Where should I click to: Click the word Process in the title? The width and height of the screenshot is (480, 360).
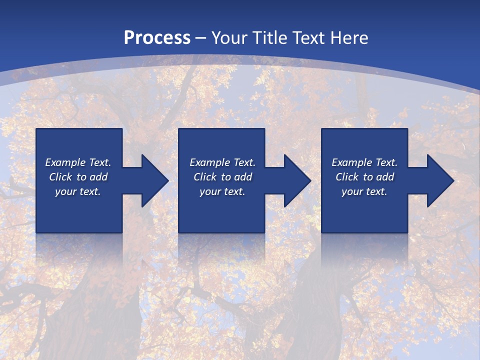pos(157,38)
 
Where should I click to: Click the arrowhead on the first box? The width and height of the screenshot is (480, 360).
pos(152,180)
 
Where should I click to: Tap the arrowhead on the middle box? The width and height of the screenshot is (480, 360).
pos(295,180)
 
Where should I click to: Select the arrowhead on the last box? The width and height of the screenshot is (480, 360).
pos(438,180)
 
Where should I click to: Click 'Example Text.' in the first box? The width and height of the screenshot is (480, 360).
pos(78,162)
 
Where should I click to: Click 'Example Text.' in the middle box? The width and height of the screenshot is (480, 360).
pos(222,162)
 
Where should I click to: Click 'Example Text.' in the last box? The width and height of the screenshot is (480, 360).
pos(364,162)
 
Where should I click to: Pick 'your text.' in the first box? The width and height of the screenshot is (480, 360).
pos(78,191)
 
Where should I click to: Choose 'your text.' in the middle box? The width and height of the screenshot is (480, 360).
pos(222,191)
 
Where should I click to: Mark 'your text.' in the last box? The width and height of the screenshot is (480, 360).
pos(364,191)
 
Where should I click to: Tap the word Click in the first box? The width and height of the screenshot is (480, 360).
pos(60,177)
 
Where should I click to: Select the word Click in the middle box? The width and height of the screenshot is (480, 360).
pos(205,177)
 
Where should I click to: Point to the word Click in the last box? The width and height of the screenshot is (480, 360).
pos(347,177)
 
